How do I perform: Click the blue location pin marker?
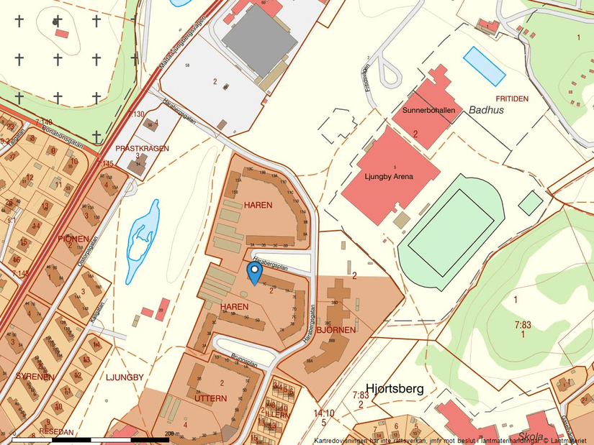254,273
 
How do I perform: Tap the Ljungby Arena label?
388,176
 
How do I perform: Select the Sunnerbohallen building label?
429,111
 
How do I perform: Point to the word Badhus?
486,110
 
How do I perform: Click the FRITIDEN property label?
512,98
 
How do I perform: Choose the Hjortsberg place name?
395,388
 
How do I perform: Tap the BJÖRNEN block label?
336,331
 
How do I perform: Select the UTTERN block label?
210,398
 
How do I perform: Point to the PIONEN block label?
73,239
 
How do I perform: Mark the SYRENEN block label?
35,376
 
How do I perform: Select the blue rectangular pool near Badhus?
484,65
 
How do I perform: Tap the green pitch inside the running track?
451,223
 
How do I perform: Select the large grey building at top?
259,40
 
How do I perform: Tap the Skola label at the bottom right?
531,437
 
